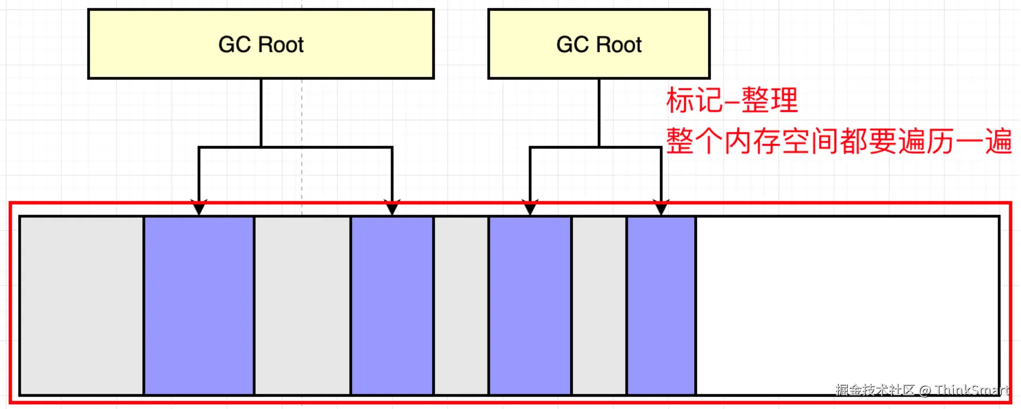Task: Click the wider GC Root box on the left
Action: [x=261, y=44]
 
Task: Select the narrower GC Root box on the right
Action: [x=599, y=44]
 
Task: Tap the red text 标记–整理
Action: [x=732, y=100]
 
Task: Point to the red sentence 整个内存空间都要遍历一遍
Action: [x=839, y=142]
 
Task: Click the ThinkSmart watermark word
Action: [x=972, y=390]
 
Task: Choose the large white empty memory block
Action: [x=847, y=305]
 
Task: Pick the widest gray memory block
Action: [x=82, y=305]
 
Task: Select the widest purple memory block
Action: [x=199, y=305]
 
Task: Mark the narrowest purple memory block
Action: [x=661, y=305]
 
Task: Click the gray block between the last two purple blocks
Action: [x=599, y=305]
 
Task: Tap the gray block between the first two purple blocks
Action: [x=302, y=305]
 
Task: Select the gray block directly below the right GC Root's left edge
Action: [x=461, y=305]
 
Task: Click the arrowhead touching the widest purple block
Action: [x=199, y=208]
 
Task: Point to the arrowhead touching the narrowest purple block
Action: [x=661, y=208]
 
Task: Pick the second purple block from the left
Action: [x=392, y=305]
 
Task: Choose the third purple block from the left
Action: [x=530, y=305]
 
